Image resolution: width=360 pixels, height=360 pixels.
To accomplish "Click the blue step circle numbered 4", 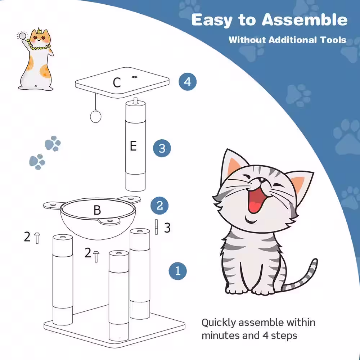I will click(x=188, y=82).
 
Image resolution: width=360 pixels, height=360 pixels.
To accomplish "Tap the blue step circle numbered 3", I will click(x=162, y=148).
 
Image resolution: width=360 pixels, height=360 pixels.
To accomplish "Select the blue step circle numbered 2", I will click(x=159, y=206).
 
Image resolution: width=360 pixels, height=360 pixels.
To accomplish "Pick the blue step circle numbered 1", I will click(x=177, y=271).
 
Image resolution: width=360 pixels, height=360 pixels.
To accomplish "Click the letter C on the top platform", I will click(x=116, y=83).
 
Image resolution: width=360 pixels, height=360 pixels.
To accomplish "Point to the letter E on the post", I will click(x=133, y=146).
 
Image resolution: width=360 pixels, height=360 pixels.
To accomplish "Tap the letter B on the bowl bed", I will click(x=97, y=210).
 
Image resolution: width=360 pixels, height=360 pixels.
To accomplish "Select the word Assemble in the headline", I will click(x=304, y=20).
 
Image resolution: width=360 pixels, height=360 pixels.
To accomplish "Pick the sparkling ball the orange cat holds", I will click(x=23, y=36).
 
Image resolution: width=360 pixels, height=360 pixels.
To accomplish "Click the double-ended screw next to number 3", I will click(x=157, y=227).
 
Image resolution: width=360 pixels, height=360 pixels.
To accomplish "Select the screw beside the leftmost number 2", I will click(x=37, y=238).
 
